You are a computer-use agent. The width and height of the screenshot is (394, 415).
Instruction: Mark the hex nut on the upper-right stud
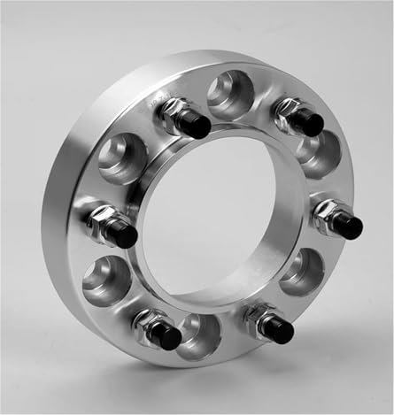[x=290, y=111]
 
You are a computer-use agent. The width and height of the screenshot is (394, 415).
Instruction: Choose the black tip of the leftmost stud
[x=123, y=234]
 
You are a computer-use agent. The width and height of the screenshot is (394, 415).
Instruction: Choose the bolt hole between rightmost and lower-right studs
[x=302, y=271]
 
